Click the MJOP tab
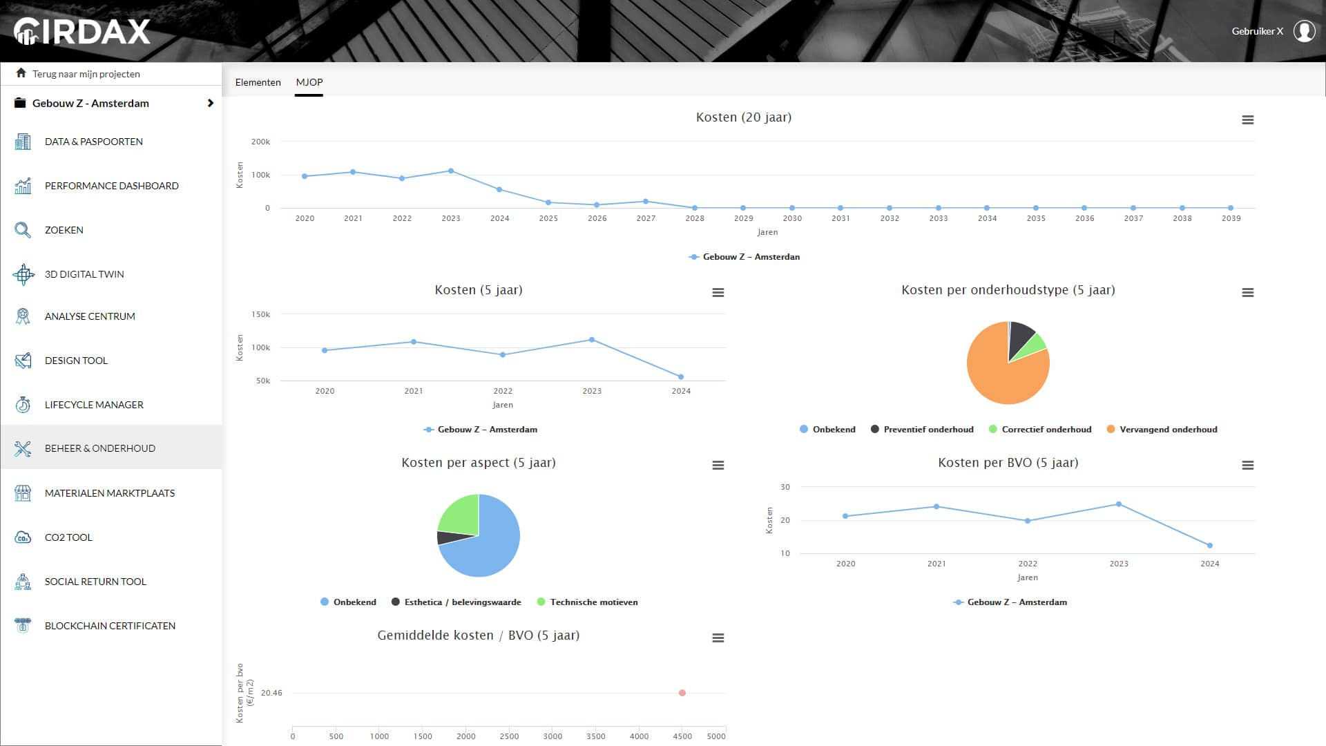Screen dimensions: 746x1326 [x=309, y=82]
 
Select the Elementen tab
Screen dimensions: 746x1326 [x=258, y=82]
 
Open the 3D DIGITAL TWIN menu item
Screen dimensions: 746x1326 [x=84, y=274]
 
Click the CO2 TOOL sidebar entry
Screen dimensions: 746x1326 [x=68, y=537]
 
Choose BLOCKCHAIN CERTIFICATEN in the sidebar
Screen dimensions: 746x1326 [x=110, y=626]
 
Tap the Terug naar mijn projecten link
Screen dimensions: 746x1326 [x=86, y=74]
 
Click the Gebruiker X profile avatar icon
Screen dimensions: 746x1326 [x=1304, y=31]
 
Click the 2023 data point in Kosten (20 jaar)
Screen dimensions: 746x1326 [x=451, y=171]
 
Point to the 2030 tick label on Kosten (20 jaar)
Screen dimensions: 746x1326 [x=792, y=218]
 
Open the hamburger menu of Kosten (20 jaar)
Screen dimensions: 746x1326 [x=1247, y=120]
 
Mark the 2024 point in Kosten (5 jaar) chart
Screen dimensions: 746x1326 [x=681, y=377]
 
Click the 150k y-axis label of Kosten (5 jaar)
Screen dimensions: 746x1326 [x=260, y=314]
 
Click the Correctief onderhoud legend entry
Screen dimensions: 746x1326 [x=1046, y=430]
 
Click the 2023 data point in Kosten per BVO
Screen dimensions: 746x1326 [x=1119, y=504]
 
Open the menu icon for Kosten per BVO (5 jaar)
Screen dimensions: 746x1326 [x=1247, y=466]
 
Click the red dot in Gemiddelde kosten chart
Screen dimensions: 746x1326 [x=682, y=693]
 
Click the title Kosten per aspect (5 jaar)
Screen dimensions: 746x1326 [x=479, y=463]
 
